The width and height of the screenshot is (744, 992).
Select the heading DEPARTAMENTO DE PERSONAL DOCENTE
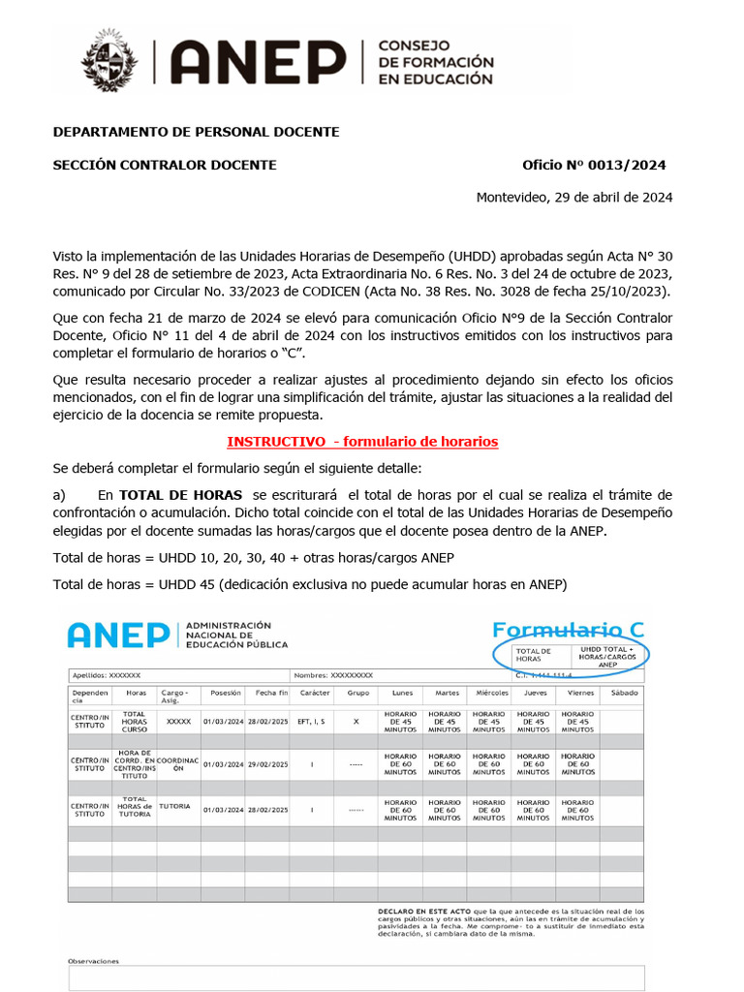tap(195, 131)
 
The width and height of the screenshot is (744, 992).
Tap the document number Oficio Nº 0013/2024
tap(593, 165)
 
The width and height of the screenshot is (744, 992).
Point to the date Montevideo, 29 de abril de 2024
tap(573, 198)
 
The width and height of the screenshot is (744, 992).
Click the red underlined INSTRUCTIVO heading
tap(362, 442)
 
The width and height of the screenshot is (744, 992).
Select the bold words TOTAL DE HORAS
tap(180, 494)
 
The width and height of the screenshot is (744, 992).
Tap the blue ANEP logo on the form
tap(118, 635)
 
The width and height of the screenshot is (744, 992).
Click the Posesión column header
tap(224, 694)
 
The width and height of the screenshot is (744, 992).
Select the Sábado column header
tap(625, 694)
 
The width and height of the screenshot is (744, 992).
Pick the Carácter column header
tap(314, 694)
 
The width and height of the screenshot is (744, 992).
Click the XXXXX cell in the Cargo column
tap(178, 722)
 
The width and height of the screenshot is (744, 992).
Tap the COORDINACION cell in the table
tap(178, 765)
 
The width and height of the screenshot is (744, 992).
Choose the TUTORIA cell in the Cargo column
tap(175, 805)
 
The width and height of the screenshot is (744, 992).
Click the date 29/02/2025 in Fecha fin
tap(267, 765)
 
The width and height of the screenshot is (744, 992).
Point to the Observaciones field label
tap(93, 961)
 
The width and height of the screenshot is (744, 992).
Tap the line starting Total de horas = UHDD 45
tap(310, 584)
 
